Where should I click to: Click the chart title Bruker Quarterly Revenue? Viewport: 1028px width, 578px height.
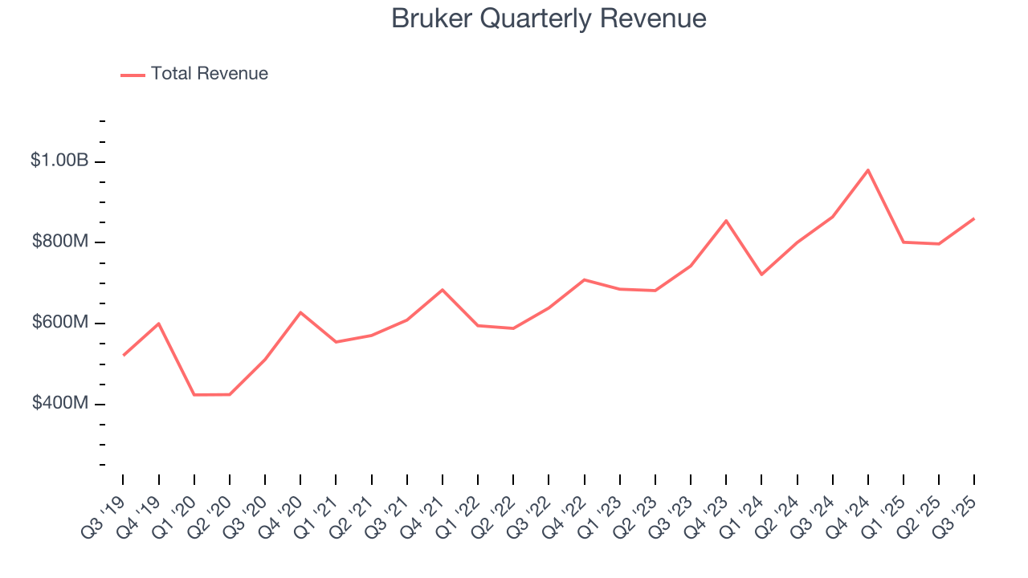(549, 18)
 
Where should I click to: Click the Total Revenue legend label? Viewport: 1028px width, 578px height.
(209, 74)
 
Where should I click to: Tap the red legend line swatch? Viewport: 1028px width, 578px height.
(133, 75)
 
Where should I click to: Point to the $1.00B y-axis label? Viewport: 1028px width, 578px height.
(59, 161)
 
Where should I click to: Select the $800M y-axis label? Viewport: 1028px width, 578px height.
(59, 242)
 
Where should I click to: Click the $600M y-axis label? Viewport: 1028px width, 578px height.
(59, 322)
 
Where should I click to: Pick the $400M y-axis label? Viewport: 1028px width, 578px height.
(59, 403)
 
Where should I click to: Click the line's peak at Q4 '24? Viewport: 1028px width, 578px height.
(868, 170)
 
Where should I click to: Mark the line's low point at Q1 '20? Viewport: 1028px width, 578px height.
(194, 395)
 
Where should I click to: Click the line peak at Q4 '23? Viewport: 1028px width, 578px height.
(726, 221)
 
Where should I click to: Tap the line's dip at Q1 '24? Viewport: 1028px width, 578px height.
(761, 275)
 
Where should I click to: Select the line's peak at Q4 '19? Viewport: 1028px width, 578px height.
(159, 324)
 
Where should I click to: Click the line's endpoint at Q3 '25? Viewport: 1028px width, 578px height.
(974, 218)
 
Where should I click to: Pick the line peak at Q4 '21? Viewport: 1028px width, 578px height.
(443, 290)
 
